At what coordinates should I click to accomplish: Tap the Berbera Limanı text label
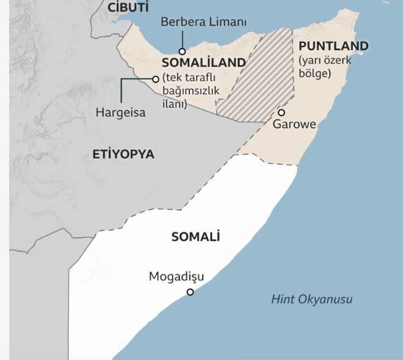point(204,23)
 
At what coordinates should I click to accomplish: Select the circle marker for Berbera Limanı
point(182,51)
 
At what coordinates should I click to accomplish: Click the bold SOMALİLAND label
point(204,63)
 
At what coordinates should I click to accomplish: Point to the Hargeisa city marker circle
point(155,79)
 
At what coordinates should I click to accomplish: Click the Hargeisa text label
point(121,113)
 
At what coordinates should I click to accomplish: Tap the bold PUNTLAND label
point(333,46)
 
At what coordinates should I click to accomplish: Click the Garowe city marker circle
point(281,112)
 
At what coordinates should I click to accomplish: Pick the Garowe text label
point(295,125)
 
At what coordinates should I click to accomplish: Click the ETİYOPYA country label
point(124,155)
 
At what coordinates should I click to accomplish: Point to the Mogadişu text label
point(177,277)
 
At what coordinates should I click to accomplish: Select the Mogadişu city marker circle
point(190,292)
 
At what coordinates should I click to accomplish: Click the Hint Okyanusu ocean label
point(312,299)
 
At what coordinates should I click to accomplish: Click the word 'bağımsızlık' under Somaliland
point(190,91)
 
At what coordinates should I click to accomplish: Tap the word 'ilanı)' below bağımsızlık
point(174,103)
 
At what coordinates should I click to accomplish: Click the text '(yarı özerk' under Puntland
point(325,61)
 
